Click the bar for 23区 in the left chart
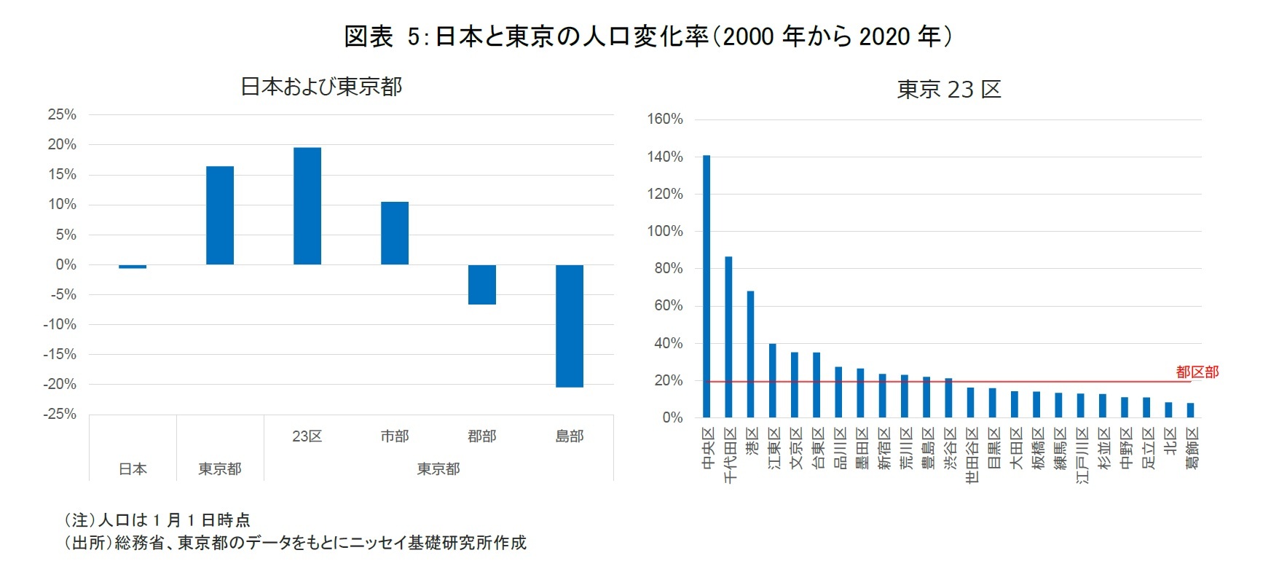pyautogui.click(x=307, y=206)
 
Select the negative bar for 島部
pyautogui.click(x=570, y=326)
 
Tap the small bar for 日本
pyautogui.click(x=133, y=267)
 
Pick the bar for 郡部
pyautogui.click(x=482, y=284)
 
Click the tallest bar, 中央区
pyautogui.click(x=707, y=286)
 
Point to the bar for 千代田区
pyautogui.click(x=728, y=337)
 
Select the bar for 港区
pyautogui.click(x=750, y=354)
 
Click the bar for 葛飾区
pyautogui.click(x=1190, y=410)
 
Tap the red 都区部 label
pyautogui.click(x=1197, y=372)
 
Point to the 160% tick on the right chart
pyautogui.click(x=665, y=119)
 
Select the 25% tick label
pyautogui.click(x=62, y=114)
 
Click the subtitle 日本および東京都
pyautogui.click(x=321, y=87)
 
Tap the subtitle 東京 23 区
pyautogui.click(x=949, y=90)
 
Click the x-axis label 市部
pyautogui.click(x=395, y=436)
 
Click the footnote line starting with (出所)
pyautogui.click(x=295, y=543)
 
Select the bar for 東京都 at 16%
pyautogui.click(x=220, y=216)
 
